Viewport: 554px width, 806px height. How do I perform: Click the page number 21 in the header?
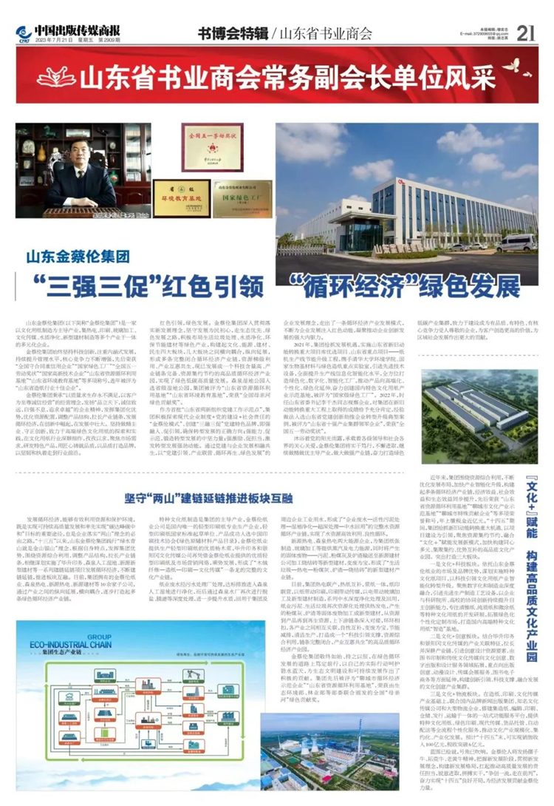[526, 33]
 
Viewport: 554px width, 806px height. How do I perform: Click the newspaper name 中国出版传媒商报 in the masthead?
[72, 29]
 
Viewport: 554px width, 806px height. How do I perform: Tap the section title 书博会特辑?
[232, 33]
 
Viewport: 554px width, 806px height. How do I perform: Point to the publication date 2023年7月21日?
[51, 40]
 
